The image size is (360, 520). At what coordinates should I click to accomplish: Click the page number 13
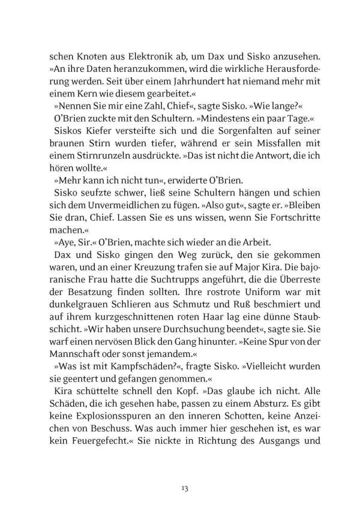[180, 472]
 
